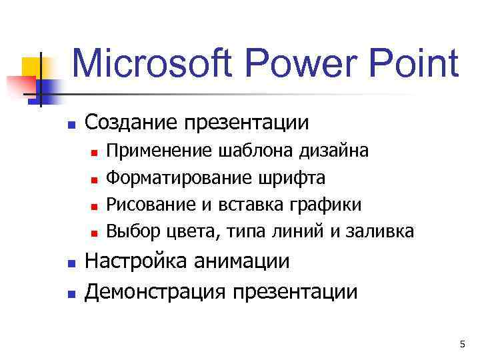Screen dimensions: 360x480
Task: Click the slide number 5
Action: click(x=461, y=344)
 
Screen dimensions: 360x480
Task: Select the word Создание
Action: click(x=133, y=123)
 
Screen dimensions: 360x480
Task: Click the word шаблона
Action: click(x=250, y=151)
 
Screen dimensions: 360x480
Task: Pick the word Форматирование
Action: click(x=178, y=178)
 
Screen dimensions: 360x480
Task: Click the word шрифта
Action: click(x=299, y=178)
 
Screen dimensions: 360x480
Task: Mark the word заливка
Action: click(x=383, y=231)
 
